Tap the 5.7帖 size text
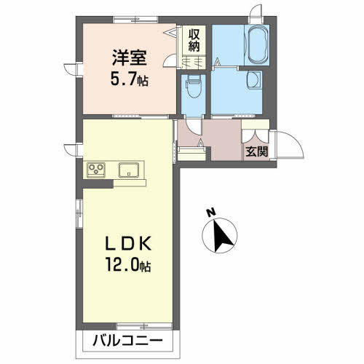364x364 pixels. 128,78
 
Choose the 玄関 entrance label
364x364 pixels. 255,152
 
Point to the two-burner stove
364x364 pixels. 96,170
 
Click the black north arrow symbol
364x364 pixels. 223,235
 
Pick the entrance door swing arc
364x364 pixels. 287,146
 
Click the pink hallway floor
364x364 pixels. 222,138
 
